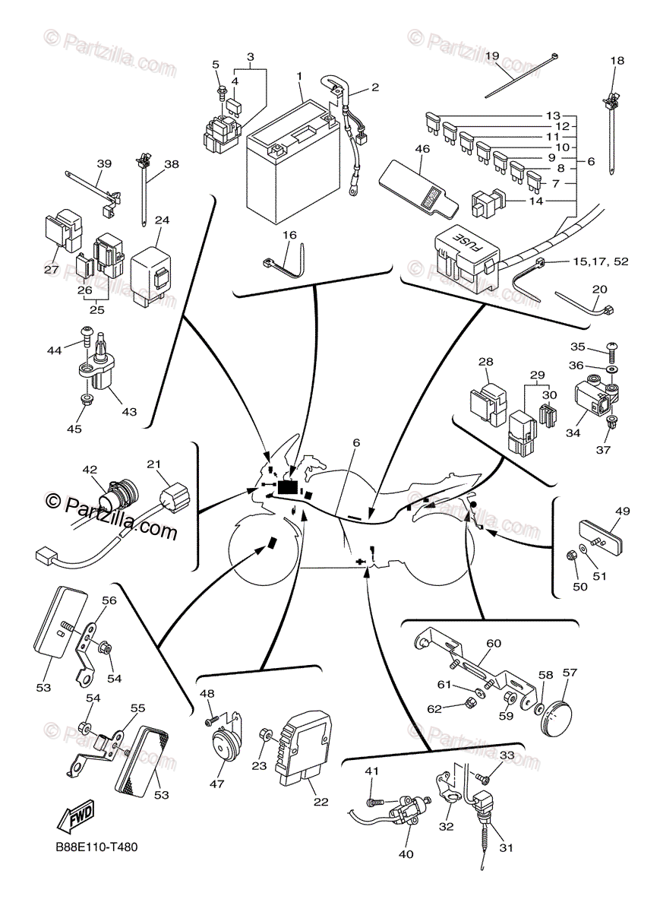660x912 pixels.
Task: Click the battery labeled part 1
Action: (292, 163)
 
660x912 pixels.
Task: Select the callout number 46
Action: (422, 149)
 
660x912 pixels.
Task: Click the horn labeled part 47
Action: (222, 742)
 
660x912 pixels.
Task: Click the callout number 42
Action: (90, 470)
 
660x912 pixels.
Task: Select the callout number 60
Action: (494, 644)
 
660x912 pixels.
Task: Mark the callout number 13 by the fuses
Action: (552, 115)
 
